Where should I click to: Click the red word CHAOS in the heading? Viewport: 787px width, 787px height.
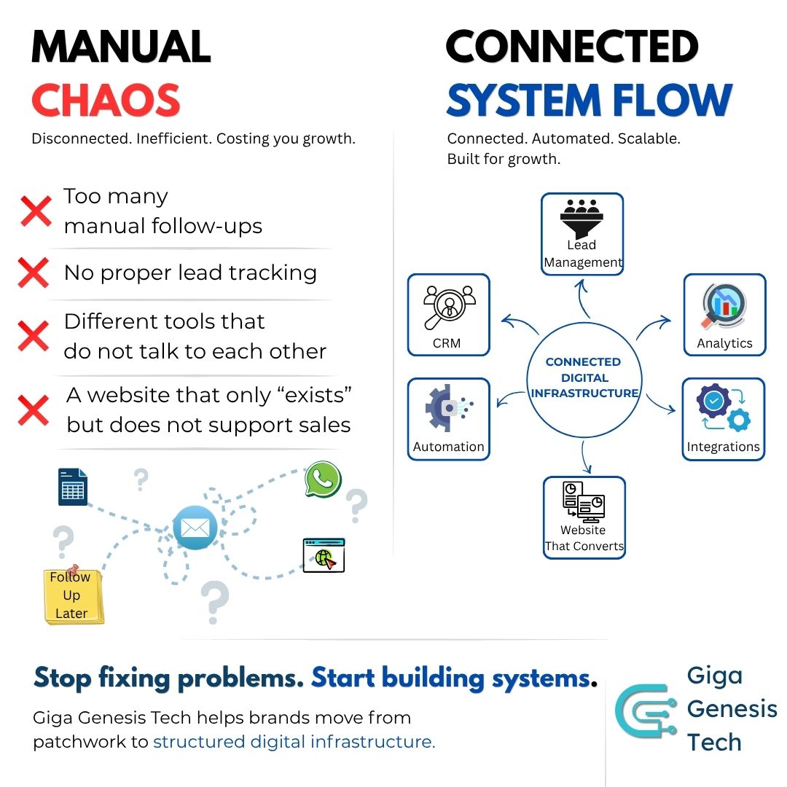(106, 101)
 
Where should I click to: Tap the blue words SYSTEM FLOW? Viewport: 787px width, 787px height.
(589, 101)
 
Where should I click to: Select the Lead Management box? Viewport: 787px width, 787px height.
(582, 234)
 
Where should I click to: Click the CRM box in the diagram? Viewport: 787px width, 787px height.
(448, 315)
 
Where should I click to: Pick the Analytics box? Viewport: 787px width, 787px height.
(724, 315)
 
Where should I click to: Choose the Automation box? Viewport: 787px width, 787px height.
(448, 419)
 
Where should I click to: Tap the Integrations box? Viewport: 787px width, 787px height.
(723, 419)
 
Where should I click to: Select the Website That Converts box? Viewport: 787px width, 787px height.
(584, 517)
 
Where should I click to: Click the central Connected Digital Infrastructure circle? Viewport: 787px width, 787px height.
(584, 377)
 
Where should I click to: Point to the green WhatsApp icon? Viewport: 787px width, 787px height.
(323, 479)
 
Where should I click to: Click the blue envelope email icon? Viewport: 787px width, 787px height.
(195, 527)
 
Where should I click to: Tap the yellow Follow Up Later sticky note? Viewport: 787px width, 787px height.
(72, 595)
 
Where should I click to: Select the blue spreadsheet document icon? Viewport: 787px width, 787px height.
(72, 487)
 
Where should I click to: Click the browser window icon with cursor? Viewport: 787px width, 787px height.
(324, 555)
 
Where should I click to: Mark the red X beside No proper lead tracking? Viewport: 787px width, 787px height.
(34, 273)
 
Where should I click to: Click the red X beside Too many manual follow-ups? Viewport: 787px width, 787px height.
(36, 211)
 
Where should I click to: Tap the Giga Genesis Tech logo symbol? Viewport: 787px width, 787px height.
(645, 710)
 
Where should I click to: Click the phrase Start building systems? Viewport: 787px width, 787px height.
(450, 678)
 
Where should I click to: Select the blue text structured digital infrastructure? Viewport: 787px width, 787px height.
(294, 742)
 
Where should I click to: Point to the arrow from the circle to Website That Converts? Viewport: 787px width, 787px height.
(584, 456)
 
